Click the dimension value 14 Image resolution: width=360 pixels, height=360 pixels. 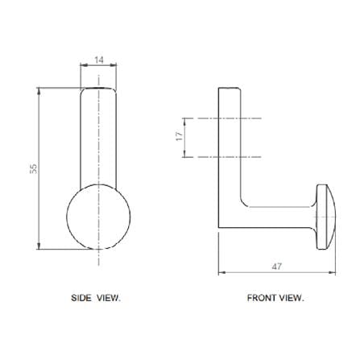[x=99, y=60]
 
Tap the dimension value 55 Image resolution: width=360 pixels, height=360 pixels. [x=34, y=168]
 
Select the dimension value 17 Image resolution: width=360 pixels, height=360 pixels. [x=180, y=136]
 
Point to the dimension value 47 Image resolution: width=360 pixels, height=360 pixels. [x=277, y=267]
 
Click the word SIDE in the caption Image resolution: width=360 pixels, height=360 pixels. [x=81, y=298]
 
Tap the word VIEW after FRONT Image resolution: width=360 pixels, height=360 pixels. [x=292, y=298]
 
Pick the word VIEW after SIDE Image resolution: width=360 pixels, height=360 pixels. [x=109, y=298]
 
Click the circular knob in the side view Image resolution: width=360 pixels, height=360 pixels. [x=98, y=217]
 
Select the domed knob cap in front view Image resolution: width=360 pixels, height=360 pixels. [x=326, y=217]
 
